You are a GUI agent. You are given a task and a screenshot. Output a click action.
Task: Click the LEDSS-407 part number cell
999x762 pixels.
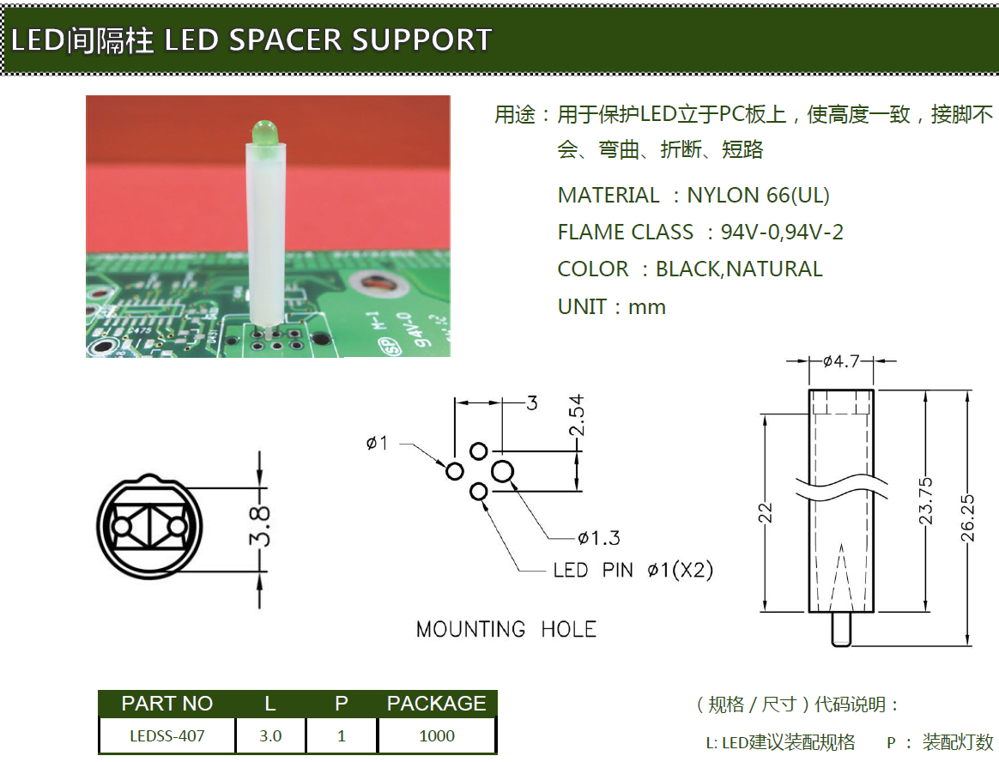click(167, 736)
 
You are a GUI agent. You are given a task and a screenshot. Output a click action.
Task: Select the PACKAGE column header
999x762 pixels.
click(436, 704)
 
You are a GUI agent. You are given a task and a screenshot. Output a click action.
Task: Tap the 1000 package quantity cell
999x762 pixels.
click(437, 736)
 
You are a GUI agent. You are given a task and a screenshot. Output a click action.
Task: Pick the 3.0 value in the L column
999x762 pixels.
click(270, 736)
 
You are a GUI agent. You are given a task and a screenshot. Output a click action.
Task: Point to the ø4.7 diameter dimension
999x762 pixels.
click(840, 361)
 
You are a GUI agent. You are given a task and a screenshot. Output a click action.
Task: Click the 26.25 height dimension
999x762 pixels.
click(968, 517)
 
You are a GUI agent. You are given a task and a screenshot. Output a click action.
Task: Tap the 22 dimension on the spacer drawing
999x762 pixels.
click(766, 512)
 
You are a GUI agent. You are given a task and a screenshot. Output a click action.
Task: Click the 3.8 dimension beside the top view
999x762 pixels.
click(260, 526)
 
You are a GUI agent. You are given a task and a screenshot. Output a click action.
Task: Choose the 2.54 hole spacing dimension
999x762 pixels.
click(576, 416)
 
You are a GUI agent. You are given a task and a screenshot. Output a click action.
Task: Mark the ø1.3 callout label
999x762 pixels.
click(599, 538)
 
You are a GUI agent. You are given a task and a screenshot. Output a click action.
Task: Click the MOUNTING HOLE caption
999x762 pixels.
click(506, 630)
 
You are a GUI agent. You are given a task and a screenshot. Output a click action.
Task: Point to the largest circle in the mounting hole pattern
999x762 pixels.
click(502, 470)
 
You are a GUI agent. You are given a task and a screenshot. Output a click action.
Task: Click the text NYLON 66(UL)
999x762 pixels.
click(758, 195)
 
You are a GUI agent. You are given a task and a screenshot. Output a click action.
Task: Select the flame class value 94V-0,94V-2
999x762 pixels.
click(782, 232)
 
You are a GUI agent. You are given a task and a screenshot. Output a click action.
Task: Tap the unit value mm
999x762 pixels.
click(646, 306)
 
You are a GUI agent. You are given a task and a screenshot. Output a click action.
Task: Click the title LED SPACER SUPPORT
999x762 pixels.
click(327, 39)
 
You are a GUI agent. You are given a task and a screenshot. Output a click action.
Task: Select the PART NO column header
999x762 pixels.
click(167, 704)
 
